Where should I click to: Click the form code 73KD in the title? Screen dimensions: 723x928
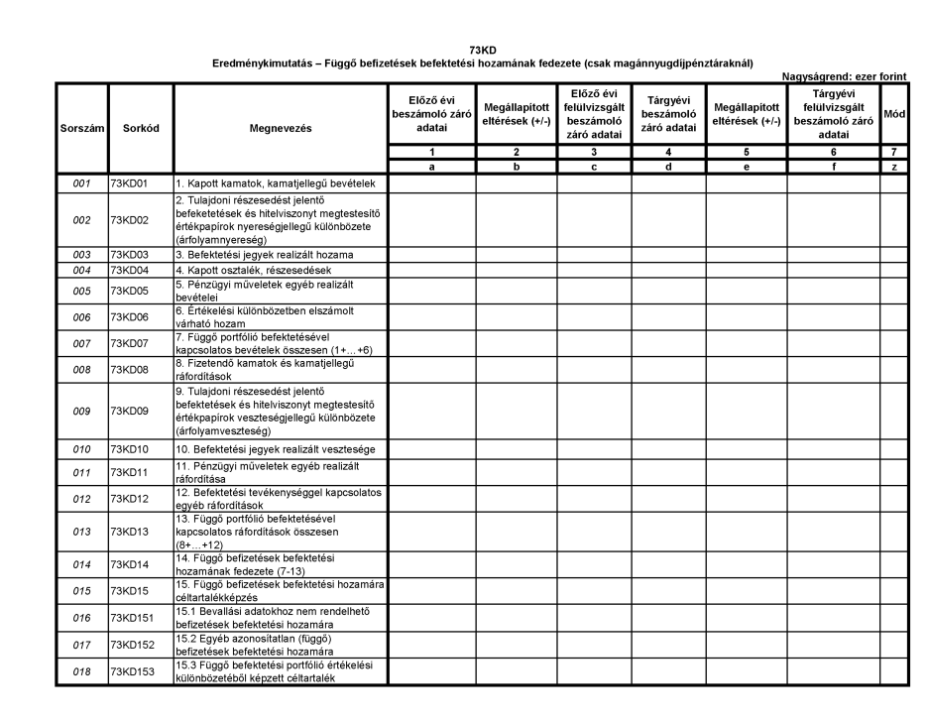[x=487, y=50]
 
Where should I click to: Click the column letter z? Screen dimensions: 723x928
[x=894, y=169]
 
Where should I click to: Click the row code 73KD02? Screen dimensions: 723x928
[x=129, y=219]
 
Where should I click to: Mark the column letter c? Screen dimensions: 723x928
[x=593, y=169]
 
